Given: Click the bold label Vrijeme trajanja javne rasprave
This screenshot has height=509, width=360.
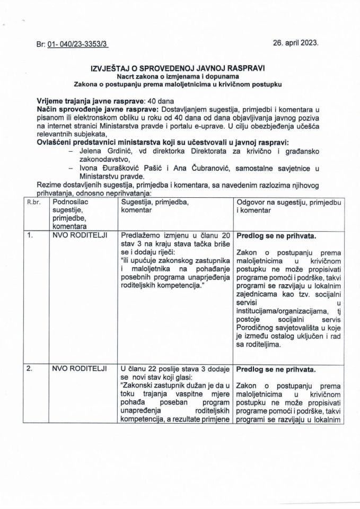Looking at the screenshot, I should click(91, 101).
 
